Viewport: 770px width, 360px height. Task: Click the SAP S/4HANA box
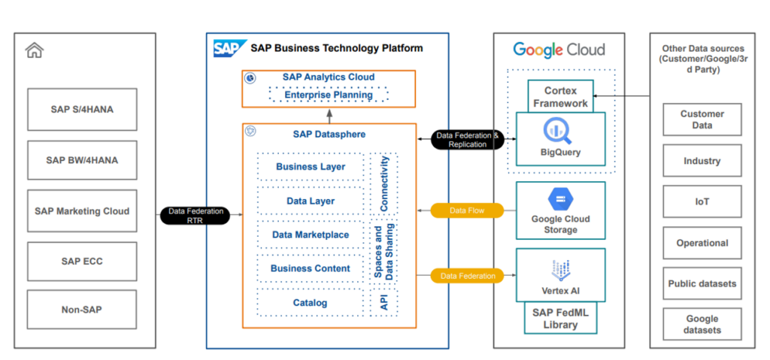(x=82, y=110)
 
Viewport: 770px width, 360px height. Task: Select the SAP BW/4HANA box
(x=82, y=160)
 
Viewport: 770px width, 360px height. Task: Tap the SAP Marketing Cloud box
(x=82, y=211)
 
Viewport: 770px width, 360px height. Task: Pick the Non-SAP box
(x=82, y=309)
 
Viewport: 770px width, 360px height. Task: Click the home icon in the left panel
(x=34, y=50)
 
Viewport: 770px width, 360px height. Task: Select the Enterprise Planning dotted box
(x=329, y=95)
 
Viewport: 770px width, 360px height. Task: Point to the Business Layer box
(x=311, y=166)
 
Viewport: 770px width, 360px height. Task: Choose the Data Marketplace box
(x=311, y=234)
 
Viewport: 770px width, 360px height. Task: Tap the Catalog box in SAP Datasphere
(x=311, y=303)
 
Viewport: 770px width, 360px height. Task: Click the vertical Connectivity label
(x=384, y=184)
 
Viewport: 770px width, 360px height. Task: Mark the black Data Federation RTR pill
(x=196, y=216)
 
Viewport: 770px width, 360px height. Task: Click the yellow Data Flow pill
(x=467, y=211)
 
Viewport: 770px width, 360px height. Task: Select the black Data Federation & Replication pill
(x=467, y=140)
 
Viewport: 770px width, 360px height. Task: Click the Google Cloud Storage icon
(x=560, y=199)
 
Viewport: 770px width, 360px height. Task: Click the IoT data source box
(x=702, y=201)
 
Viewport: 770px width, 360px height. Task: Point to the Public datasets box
(x=702, y=283)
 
